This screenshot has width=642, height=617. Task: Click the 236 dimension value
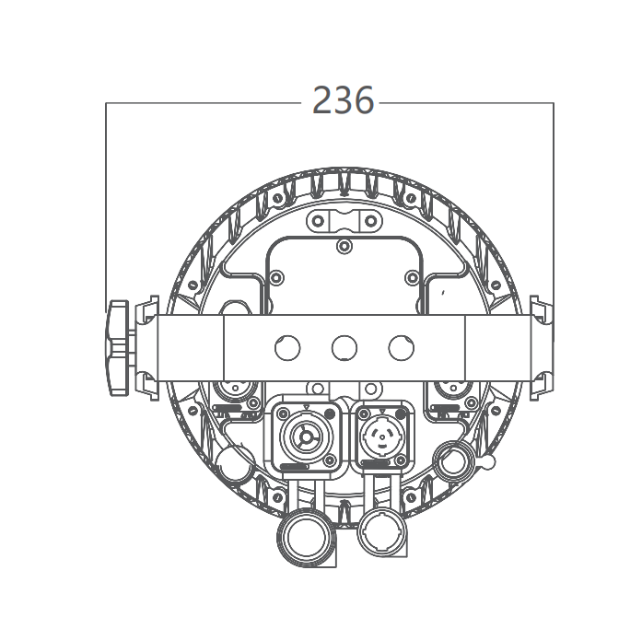(344, 99)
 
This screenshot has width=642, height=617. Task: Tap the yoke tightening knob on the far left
(118, 347)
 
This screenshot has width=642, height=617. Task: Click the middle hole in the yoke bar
(344, 348)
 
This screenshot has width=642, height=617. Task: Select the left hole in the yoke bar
(287, 348)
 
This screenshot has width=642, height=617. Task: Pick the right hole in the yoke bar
(402, 348)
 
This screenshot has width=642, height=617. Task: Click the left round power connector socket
(306, 437)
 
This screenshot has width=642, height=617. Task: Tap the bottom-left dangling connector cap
(306, 537)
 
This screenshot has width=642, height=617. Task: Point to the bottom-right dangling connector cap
(382, 531)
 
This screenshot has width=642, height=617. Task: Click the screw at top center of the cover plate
(344, 246)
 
